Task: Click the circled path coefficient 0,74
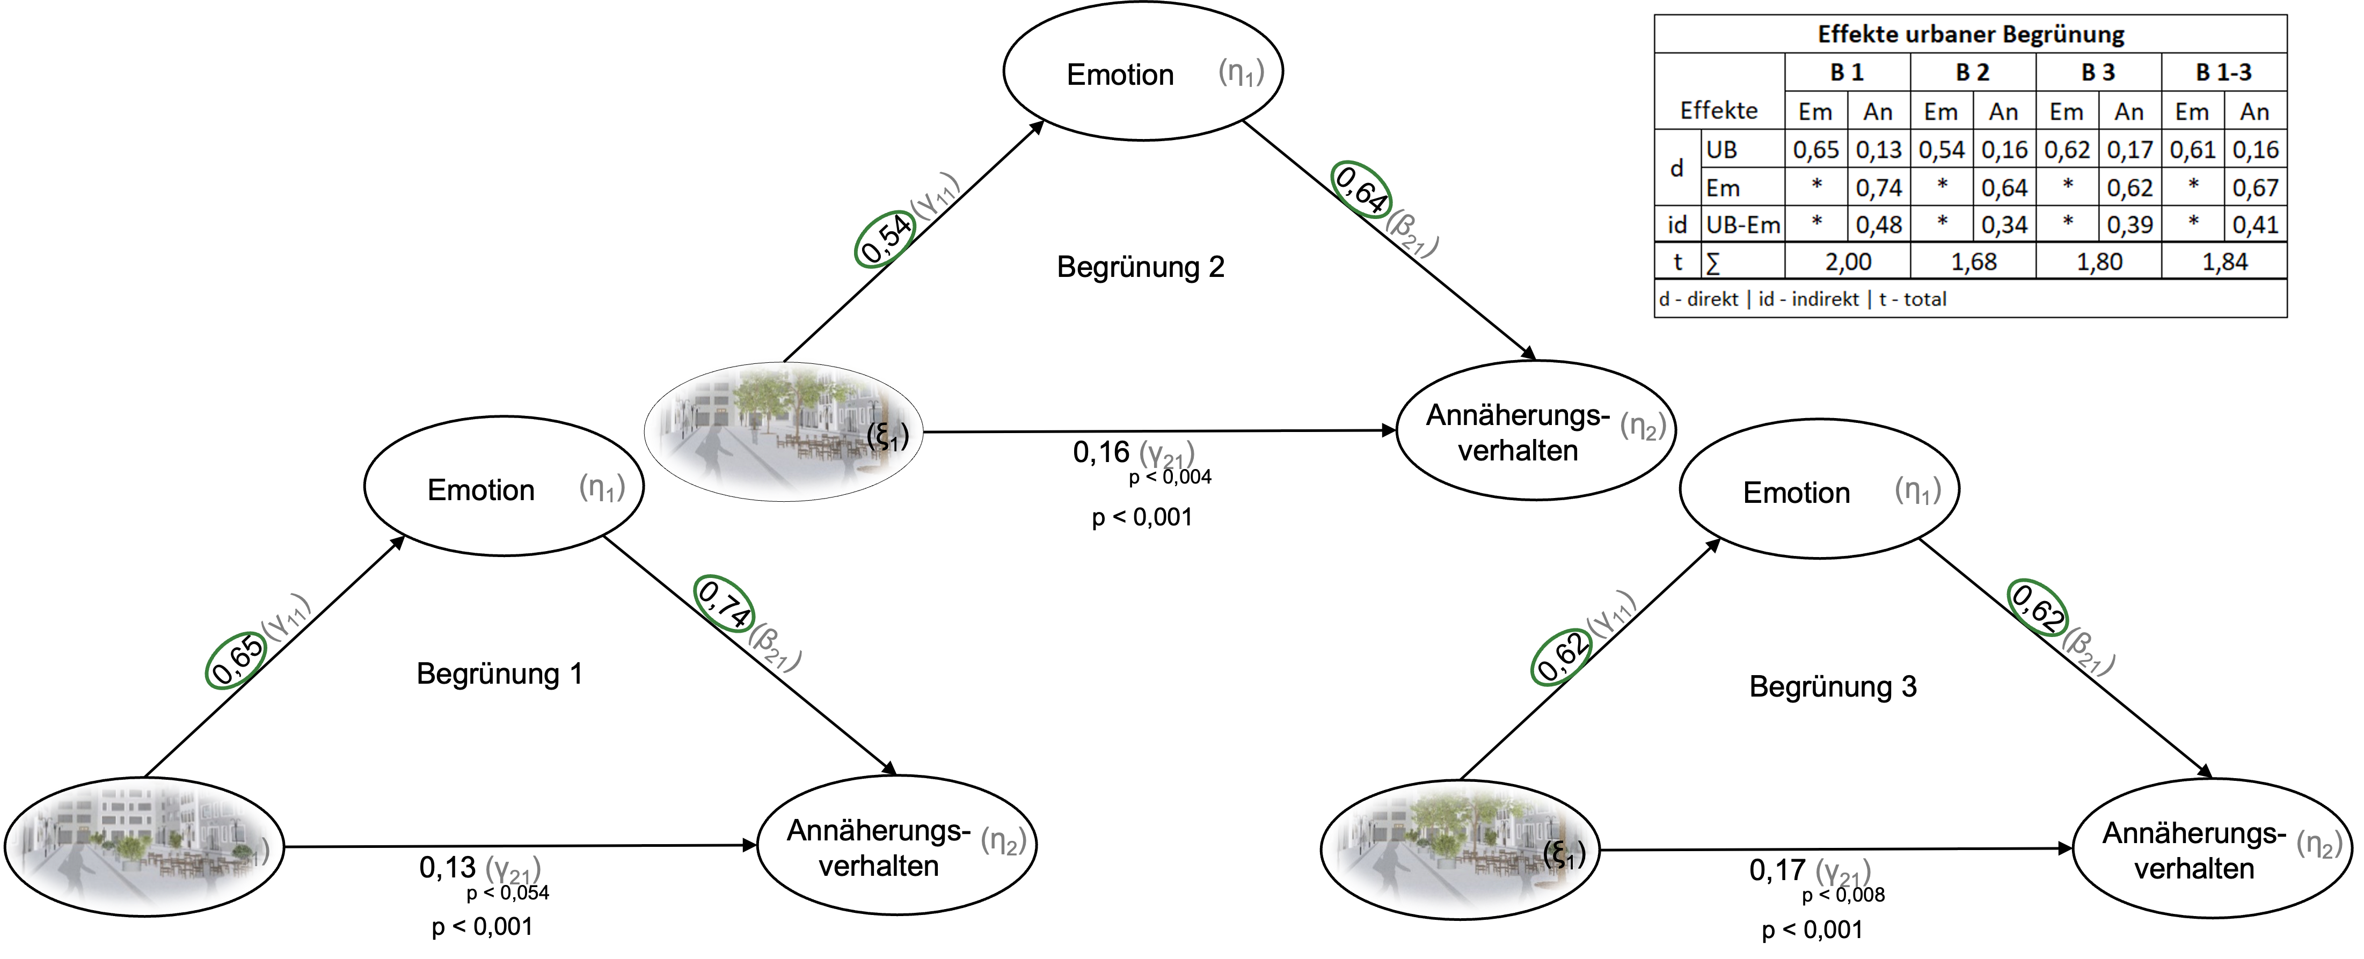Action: click(724, 603)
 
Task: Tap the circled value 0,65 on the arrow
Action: click(236, 659)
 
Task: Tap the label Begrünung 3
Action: click(1833, 686)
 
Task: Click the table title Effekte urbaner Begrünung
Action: click(1971, 34)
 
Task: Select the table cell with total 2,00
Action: click(1847, 261)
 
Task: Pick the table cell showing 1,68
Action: click(1973, 261)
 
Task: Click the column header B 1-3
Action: click(2223, 71)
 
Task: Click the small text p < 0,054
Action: click(507, 893)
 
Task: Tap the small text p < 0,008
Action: click(1843, 895)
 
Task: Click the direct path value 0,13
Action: click(447, 867)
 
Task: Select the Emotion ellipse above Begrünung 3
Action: click(1819, 489)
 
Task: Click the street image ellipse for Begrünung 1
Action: click(144, 846)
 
